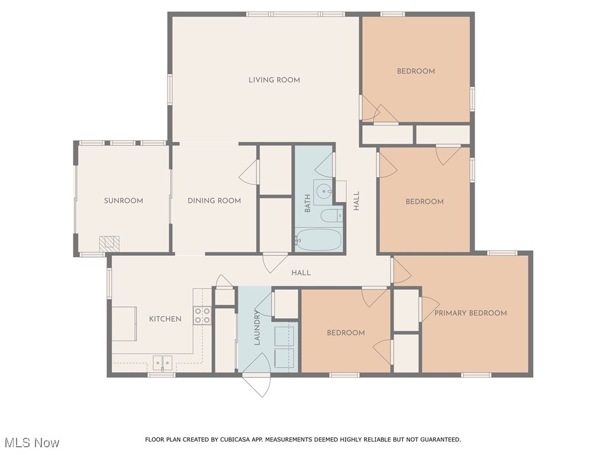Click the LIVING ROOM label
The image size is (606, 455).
click(274, 80)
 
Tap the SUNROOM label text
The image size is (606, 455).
click(124, 201)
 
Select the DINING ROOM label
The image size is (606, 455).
click(214, 201)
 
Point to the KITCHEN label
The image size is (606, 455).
click(165, 319)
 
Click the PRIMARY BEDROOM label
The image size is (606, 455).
click(470, 313)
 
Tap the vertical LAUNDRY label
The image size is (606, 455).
click(257, 328)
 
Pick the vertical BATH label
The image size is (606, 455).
click(307, 204)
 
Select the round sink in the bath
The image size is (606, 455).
click(323, 191)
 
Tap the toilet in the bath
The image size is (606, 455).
click(330, 215)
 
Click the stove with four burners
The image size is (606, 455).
click(202, 315)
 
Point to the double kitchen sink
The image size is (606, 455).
click(162, 362)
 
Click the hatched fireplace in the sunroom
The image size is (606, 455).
click(109, 243)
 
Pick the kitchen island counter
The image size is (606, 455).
click(124, 323)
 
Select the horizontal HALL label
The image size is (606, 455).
click(301, 273)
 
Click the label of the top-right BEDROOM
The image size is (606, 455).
click(415, 71)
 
